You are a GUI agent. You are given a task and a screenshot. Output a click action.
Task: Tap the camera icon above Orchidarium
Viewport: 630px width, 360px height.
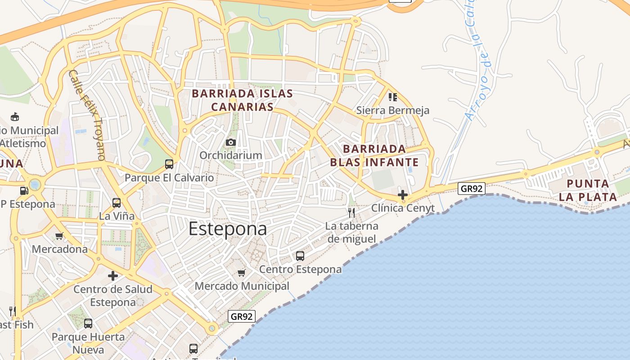[231, 143]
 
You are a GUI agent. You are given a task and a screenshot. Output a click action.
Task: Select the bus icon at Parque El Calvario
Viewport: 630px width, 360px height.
[169, 164]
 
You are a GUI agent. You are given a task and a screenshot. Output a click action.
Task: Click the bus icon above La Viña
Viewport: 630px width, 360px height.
[117, 203]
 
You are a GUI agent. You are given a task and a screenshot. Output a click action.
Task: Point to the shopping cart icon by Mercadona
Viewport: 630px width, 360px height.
[59, 236]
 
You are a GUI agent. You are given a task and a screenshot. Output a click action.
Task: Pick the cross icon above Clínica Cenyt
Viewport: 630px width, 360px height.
[403, 195]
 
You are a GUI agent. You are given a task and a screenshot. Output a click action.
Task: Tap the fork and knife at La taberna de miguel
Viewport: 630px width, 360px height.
[352, 212]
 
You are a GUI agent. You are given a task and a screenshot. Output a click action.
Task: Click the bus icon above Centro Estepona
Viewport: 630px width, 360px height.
[300, 256]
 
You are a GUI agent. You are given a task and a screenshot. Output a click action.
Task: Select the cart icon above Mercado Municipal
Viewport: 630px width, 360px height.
[242, 273]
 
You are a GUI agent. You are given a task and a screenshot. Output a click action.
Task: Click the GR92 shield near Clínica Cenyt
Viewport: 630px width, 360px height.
[472, 188]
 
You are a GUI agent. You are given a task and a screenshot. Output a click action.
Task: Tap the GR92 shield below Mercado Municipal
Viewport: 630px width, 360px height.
[242, 316]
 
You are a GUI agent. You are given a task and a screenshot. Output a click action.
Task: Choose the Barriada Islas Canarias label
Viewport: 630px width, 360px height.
[243, 100]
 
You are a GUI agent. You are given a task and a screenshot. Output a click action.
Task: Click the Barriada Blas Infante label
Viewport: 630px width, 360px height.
[374, 156]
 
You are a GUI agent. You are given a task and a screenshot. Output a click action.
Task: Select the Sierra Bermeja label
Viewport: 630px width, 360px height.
[393, 110]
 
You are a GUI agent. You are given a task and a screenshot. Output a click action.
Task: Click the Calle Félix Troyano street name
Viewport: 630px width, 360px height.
[88, 115]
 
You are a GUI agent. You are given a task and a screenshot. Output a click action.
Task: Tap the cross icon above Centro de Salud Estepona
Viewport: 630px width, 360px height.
[113, 275]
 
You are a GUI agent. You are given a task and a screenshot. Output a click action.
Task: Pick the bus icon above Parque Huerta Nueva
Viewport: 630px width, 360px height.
[88, 323]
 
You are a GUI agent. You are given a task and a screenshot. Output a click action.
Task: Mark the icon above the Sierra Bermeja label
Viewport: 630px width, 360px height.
[393, 97]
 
